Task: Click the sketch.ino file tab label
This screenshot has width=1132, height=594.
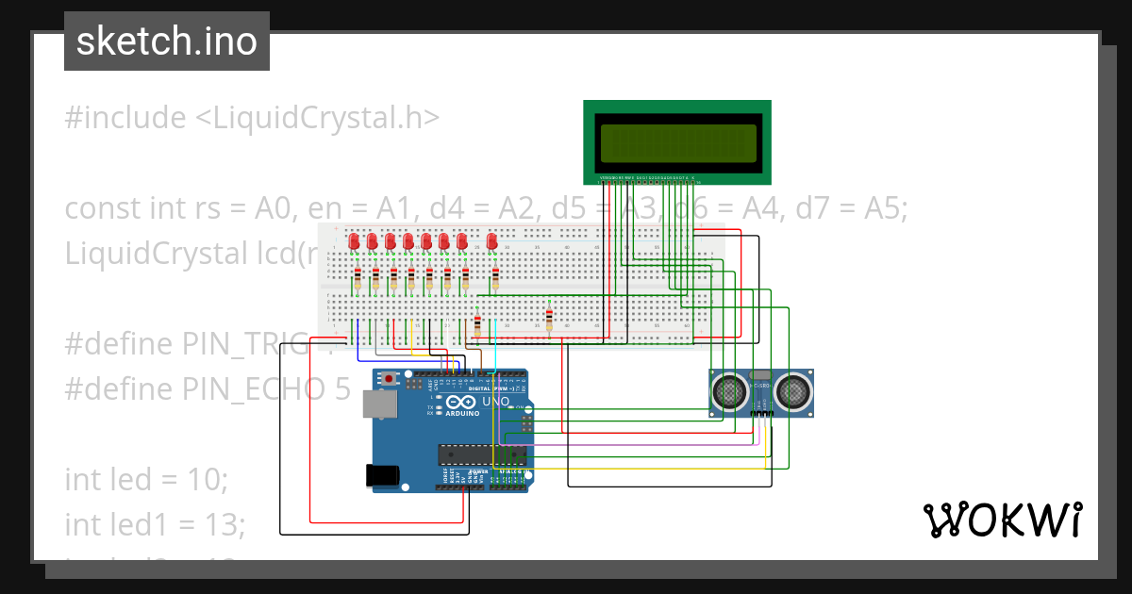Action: pos(167,41)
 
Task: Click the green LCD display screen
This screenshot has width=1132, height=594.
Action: pos(677,142)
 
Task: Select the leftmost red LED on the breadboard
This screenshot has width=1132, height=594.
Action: pos(355,241)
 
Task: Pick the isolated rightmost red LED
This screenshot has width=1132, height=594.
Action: pos(491,241)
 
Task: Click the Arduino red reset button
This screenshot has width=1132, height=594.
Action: pos(389,378)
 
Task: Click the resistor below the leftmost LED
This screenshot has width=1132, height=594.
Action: pos(358,279)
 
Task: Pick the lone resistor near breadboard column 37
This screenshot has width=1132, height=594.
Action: pos(549,319)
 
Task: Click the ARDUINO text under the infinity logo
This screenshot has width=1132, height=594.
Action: pos(461,413)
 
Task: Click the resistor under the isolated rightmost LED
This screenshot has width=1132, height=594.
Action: pos(495,278)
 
